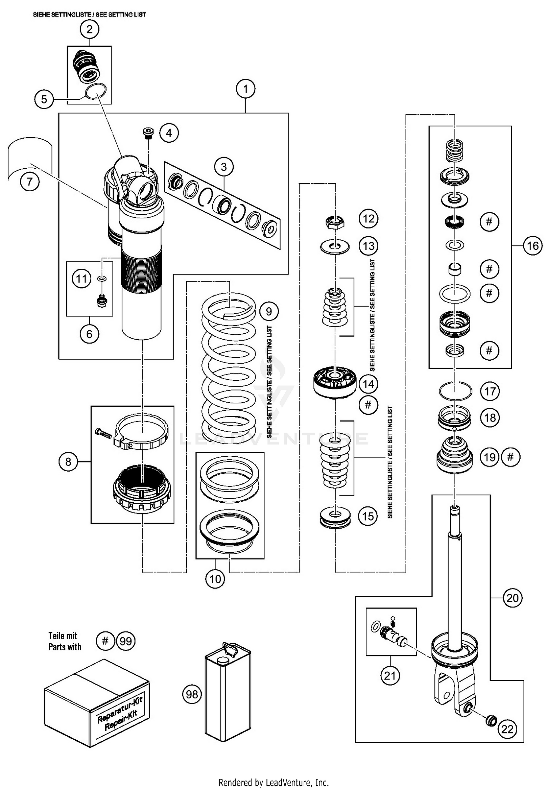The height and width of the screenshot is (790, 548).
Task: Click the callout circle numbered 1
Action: click(x=246, y=89)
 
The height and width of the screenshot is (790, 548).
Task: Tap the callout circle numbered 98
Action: click(x=192, y=694)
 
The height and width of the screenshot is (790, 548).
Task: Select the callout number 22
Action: click(x=507, y=729)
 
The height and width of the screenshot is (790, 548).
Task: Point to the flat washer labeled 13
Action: click(x=335, y=247)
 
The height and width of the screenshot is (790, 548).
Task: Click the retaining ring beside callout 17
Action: click(x=455, y=391)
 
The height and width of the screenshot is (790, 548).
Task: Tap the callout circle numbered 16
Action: click(x=532, y=246)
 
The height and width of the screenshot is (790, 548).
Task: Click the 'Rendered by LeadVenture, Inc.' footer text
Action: click(x=273, y=782)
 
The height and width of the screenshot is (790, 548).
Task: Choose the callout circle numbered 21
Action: click(x=390, y=676)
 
